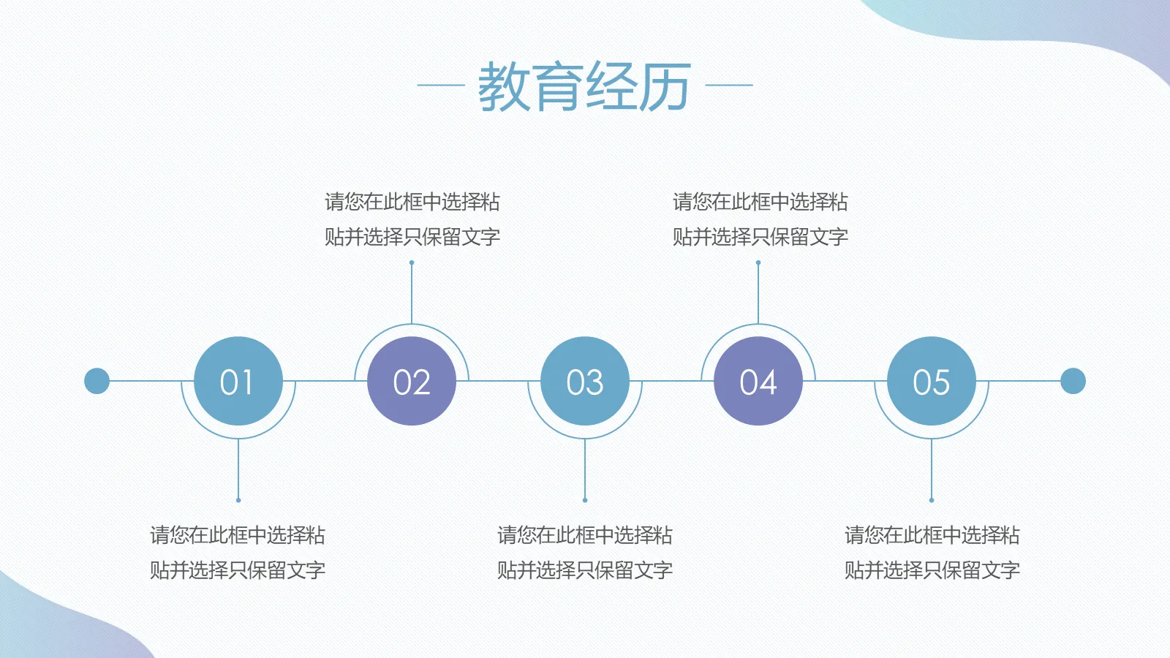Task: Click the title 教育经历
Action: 584,86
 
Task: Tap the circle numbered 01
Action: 238,381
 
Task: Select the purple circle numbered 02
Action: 411,381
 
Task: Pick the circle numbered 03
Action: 584,381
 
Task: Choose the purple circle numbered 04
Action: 758,381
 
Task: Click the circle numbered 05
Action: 931,381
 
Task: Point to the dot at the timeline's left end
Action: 97,381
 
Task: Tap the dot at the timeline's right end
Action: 1073,381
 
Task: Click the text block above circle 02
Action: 412,219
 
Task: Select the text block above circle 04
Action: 760,219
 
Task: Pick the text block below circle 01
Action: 238,552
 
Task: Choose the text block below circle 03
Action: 584,552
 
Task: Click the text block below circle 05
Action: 932,552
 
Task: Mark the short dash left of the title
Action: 440,85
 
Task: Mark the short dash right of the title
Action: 729,85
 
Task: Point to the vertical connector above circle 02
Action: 412,292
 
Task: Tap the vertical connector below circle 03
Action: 585,469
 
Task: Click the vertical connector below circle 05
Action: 932,469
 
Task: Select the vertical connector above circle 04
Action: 758,292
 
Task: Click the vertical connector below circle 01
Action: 238,469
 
